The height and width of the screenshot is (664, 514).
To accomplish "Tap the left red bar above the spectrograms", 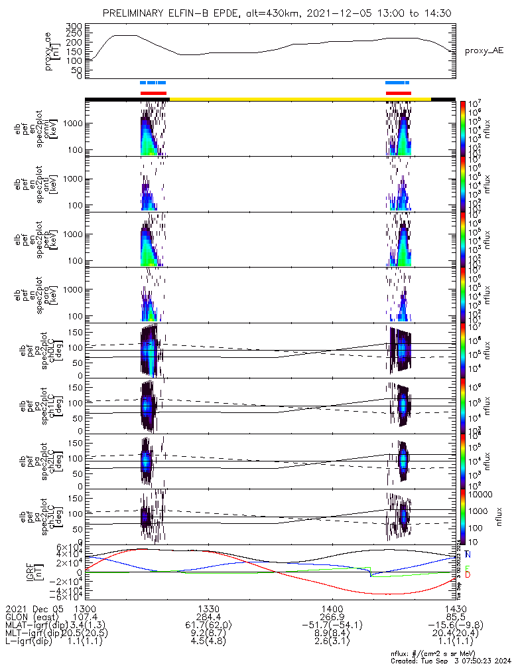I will pos(153,93).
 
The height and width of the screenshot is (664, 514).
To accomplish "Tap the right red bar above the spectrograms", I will pos(399,93).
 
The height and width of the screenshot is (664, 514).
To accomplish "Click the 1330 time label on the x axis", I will pos(208,608).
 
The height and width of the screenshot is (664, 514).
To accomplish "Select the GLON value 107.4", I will pos(85,617).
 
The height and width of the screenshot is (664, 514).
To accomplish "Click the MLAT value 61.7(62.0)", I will pos(208,625).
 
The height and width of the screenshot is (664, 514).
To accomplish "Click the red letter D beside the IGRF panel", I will pos(468,574).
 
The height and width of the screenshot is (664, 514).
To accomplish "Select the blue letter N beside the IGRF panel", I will pos(468,554).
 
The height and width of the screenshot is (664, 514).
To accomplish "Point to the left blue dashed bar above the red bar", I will pos(153,83).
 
